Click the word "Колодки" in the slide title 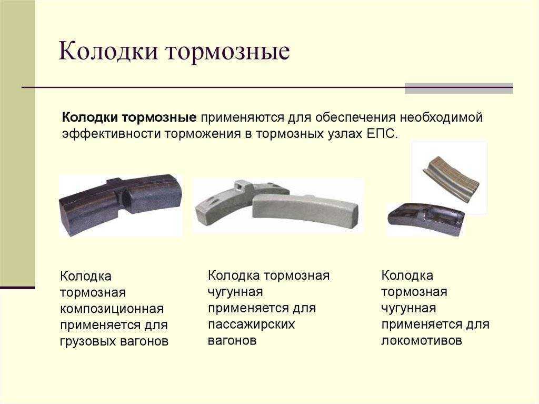click(x=108, y=51)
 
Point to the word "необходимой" click(x=441, y=117)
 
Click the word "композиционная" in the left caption click(x=112, y=309)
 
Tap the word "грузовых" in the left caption click(x=88, y=341)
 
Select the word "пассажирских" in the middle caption click(x=251, y=324)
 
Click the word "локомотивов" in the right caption click(x=422, y=341)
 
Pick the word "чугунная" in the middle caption click(x=235, y=292)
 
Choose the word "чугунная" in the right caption click(x=408, y=308)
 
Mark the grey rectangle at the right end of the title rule click(x=459, y=88)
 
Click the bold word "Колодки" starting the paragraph click(x=89, y=117)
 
